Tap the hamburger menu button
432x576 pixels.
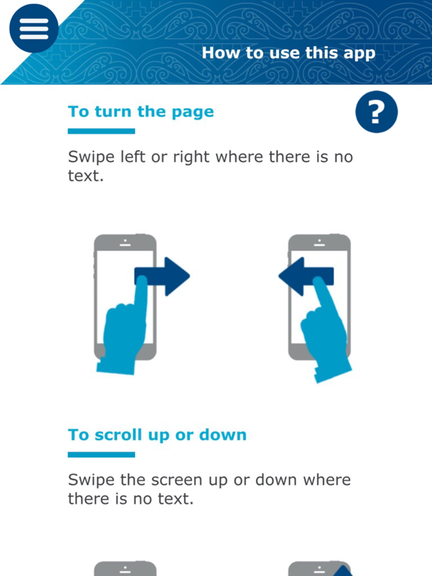click(x=34, y=28)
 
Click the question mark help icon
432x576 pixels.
click(x=376, y=112)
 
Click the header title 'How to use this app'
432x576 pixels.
click(x=289, y=53)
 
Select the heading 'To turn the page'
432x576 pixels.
click(x=141, y=112)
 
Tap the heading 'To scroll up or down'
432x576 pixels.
click(x=157, y=435)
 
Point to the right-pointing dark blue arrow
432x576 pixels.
click(x=162, y=276)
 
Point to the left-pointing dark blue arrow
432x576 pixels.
click(x=306, y=276)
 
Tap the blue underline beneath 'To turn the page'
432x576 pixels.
click(x=101, y=131)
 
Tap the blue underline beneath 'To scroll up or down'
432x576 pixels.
click(x=101, y=454)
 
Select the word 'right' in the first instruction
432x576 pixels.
click(x=191, y=157)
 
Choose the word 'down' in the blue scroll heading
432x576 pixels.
click(x=223, y=435)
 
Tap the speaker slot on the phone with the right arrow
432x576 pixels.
click(x=125, y=244)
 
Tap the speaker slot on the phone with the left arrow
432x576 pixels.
click(x=319, y=244)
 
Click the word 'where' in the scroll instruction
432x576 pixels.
click(x=326, y=479)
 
